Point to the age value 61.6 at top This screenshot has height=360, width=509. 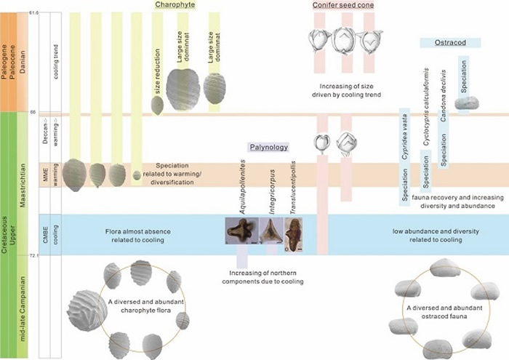(x=33, y=14)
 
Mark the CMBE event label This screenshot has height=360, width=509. (x=44, y=233)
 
